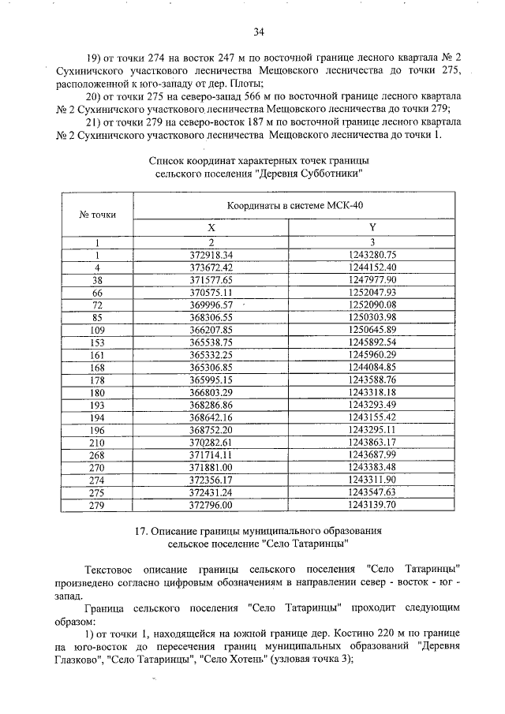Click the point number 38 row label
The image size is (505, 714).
coord(98,280)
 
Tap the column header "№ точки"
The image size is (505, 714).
coord(98,214)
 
